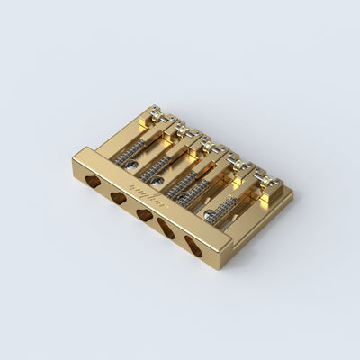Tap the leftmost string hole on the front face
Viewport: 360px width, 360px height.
pos(93,181)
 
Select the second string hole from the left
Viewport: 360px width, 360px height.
pos(118,197)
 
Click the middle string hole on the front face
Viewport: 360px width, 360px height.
pos(144,214)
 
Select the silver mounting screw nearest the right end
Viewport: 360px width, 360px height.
pos(210,215)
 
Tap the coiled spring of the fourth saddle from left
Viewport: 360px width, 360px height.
pos(193,192)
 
